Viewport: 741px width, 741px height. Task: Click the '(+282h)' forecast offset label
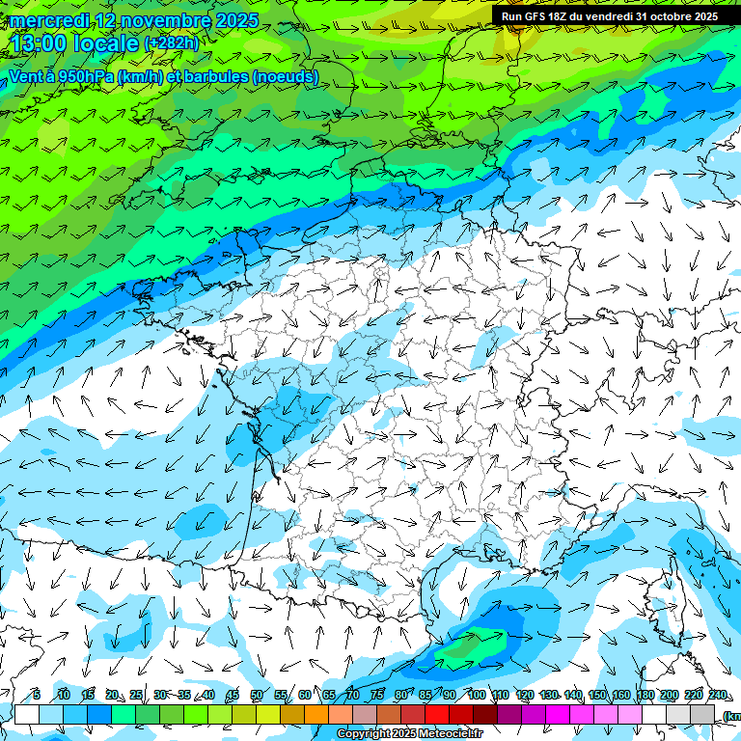tap(171, 43)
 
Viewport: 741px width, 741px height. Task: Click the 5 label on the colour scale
tap(36, 696)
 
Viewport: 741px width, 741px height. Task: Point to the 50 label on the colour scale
tap(256, 696)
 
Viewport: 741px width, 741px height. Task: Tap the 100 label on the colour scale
tap(476, 696)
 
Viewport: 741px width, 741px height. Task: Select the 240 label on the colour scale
tap(717, 696)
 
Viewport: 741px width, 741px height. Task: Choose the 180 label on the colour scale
tap(645, 696)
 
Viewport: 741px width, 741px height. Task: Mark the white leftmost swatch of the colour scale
tap(27, 715)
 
